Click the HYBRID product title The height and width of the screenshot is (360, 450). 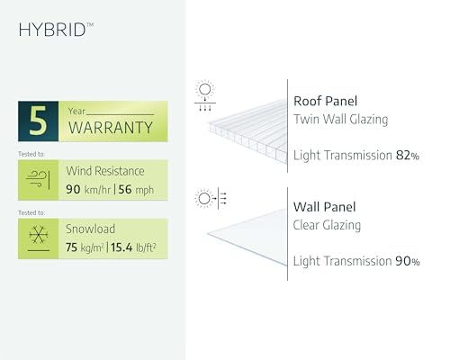click(x=56, y=30)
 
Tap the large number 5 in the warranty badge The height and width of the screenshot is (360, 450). click(x=39, y=121)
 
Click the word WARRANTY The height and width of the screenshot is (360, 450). click(x=111, y=128)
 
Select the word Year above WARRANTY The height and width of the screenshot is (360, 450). click(x=76, y=112)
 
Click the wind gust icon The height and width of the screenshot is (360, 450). click(x=38, y=180)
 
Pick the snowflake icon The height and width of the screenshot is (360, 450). click(x=39, y=235)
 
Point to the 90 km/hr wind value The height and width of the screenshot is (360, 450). click(x=88, y=190)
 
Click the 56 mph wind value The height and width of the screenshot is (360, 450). click(x=136, y=190)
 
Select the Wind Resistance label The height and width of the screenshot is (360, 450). click(x=105, y=171)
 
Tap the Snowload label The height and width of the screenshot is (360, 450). click(x=90, y=229)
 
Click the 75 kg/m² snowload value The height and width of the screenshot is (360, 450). click(x=85, y=247)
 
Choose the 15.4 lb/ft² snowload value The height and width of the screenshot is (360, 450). click(x=133, y=247)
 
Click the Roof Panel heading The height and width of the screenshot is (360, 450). click(x=325, y=101)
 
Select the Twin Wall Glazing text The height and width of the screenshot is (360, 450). click(x=340, y=119)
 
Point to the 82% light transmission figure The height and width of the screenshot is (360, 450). click(x=408, y=156)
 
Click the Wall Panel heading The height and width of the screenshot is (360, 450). click(x=324, y=207)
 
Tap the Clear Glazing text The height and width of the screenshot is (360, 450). click(x=327, y=225)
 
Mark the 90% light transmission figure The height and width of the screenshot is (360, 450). click(x=408, y=261)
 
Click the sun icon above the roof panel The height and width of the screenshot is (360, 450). click(x=205, y=89)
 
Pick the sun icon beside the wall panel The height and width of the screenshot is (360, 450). click(x=204, y=198)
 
